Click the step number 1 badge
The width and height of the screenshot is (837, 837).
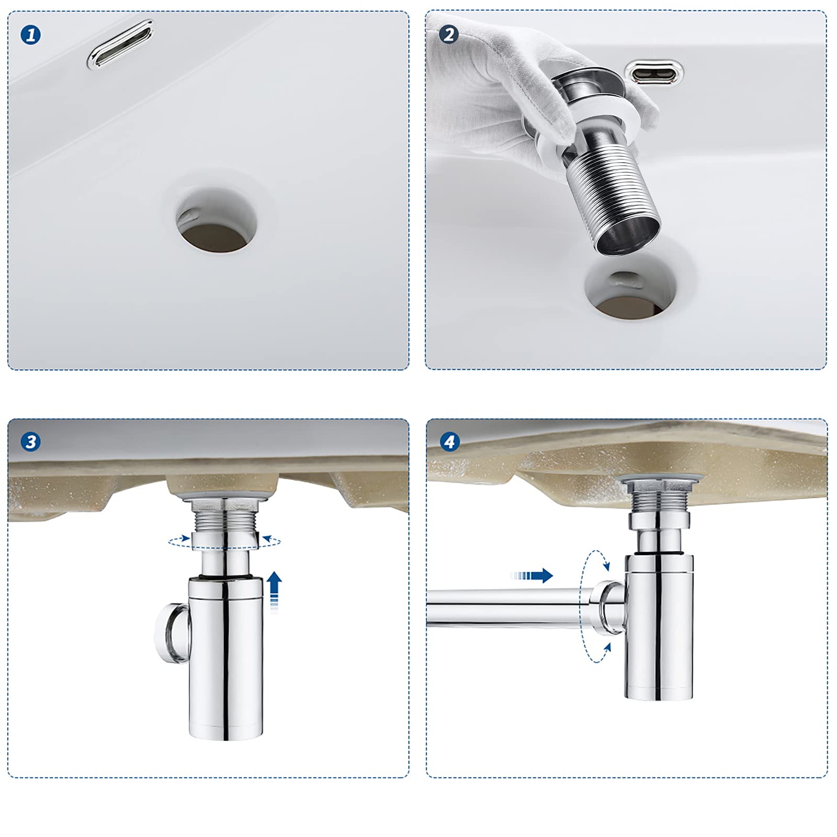click(31, 35)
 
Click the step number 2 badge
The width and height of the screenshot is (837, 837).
click(449, 35)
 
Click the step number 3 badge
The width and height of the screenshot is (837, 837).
click(31, 442)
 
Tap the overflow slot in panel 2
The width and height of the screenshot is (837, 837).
click(656, 72)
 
